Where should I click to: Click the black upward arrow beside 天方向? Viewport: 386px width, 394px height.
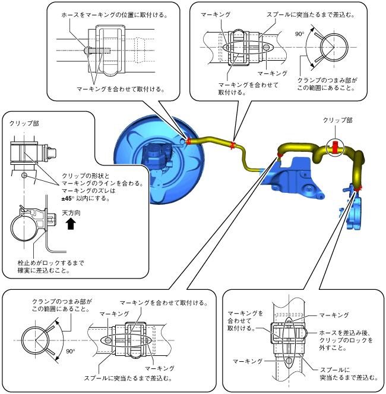pos(71,223)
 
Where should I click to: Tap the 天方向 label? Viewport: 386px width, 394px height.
pos(71,213)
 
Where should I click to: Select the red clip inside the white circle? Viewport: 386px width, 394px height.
pos(335,148)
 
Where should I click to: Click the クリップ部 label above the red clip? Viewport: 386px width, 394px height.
pos(337,120)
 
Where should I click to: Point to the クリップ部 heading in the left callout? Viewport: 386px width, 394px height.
pos(24,123)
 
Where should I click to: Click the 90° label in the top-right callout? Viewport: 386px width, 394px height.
pos(299,34)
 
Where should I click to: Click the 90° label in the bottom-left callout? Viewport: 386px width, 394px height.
pos(71,351)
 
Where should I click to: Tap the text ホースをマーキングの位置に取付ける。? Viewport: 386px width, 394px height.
pos(115,15)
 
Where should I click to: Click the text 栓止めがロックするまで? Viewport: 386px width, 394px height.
pos(51,263)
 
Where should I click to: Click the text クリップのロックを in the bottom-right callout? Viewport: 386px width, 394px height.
pos(346,340)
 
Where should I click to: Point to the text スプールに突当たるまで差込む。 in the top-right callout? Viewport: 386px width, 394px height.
pos(311,15)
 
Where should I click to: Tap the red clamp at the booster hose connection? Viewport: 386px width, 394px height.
pos(188,141)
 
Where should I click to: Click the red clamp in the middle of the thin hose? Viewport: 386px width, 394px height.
pos(233,145)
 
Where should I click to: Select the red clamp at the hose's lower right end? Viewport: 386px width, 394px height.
pos(358,188)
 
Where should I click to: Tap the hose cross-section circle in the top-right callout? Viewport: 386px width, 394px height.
pos(334,47)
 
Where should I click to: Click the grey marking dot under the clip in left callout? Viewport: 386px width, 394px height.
pos(24,175)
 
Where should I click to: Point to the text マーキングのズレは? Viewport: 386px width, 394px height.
pos(88,191)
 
